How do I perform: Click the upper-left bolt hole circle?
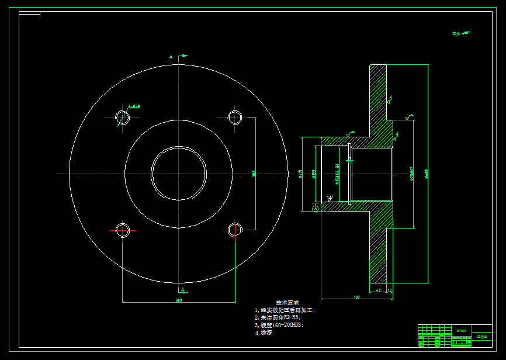(123, 117)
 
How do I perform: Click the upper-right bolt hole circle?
(235, 117)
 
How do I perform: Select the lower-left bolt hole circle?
(123, 230)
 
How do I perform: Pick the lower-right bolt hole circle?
(235, 230)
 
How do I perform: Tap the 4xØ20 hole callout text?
(134, 106)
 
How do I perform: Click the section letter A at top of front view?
(171, 57)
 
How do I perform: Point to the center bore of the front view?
(178, 173)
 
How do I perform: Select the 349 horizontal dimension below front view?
(178, 300)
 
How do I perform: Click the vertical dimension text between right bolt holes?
(254, 173)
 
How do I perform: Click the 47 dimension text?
(378, 290)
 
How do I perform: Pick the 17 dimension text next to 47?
(390, 290)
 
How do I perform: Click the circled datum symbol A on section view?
(316, 208)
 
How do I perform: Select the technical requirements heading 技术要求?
(287, 303)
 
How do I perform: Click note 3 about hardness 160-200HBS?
(279, 325)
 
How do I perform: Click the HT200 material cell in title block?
(462, 331)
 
